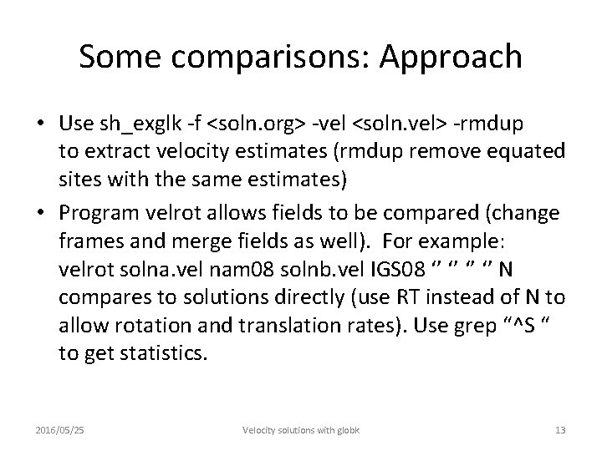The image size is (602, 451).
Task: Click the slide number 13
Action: pyautogui.click(x=560, y=429)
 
